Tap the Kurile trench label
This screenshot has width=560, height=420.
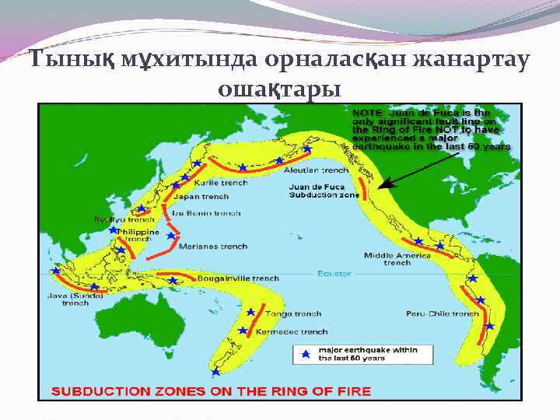coord(222,183)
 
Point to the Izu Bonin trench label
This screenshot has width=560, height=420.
coord(207,212)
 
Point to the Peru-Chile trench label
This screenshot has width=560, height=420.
coord(443,314)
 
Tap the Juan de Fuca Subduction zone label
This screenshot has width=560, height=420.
coord(324,191)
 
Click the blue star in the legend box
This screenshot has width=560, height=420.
coord(306,354)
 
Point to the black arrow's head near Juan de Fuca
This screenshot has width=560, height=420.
coord(380,187)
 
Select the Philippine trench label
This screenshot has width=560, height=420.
coord(138,236)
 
